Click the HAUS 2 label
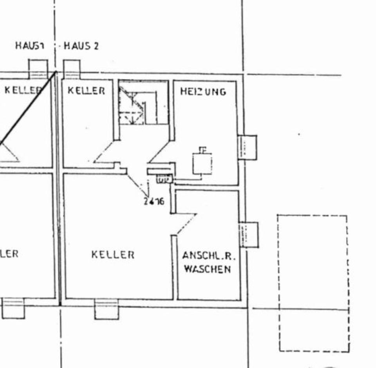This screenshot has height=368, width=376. coord(81,46)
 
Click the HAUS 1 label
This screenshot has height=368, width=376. coord(30,46)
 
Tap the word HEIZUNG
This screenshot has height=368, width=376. coord(203,91)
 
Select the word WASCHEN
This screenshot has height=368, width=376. coord(207,269)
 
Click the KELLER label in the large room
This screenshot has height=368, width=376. coord(113,255)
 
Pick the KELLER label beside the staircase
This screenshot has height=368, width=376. coord(86,91)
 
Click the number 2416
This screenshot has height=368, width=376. coord(154,202)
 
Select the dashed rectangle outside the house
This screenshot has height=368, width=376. coord(313,283)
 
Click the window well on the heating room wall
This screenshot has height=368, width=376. coord(248,147)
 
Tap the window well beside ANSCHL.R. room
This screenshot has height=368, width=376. coord(249,234)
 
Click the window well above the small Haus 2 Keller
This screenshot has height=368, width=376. coord(72,69)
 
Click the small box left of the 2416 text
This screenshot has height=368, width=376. coord(164,180)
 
